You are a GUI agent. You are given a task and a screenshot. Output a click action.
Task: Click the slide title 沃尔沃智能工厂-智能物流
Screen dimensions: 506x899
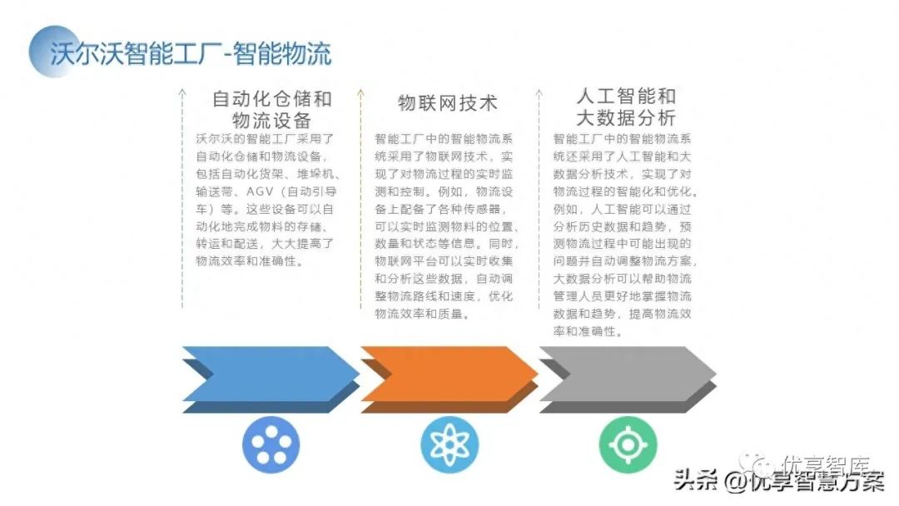[x=190, y=53]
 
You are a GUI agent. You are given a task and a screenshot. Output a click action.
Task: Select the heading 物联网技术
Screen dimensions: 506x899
[x=447, y=103]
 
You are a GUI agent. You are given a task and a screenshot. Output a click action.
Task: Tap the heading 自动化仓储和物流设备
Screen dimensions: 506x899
[x=271, y=109]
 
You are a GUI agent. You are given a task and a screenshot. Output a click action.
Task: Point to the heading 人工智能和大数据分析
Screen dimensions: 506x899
[x=625, y=107]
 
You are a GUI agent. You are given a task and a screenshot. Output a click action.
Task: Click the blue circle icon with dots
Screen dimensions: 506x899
[x=271, y=445]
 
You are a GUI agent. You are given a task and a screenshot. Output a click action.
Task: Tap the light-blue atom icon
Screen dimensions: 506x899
[x=449, y=445]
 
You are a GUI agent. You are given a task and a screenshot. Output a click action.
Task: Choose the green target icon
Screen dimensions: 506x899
[x=628, y=445]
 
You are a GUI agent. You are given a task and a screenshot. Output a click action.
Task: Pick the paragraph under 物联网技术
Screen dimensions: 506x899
[x=447, y=226]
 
